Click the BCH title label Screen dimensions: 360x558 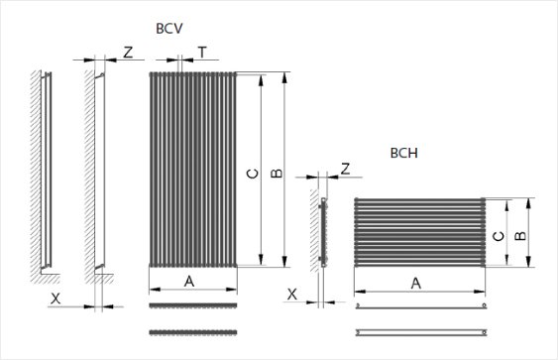[403, 154]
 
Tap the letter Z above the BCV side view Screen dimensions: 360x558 [128, 52]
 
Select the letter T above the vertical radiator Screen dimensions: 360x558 [201, 52]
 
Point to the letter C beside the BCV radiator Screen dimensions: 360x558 [253, 174]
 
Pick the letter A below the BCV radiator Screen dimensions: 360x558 [188, 282]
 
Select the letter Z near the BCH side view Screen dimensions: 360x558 [344, 169]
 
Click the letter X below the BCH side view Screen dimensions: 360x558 [291, 294]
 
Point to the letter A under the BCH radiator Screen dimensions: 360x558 [415, 283]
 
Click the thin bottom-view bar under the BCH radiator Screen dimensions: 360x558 [420, 331]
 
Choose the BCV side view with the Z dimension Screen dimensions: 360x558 [99, 171]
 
